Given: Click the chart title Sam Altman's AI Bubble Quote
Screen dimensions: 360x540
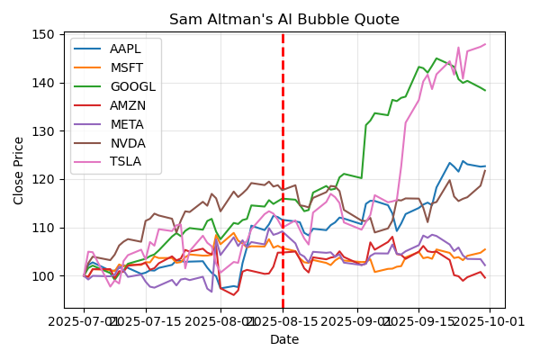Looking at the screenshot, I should coord(284,20).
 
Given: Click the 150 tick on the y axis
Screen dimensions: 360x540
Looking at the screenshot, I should coord(45,34).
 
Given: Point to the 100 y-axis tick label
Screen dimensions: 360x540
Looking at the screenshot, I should coord(45,275).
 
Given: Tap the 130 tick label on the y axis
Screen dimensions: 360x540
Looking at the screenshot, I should coord(45,130).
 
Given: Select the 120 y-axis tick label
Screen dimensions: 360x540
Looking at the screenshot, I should coord(45,179).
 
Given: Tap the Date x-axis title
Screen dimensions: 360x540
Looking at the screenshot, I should coord(284,339).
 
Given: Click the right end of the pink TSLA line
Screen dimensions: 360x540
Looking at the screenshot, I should coord(485,44).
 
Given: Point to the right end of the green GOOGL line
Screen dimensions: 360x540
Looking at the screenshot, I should coord(485,90).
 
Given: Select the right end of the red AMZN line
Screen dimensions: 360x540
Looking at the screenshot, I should coord(485,277).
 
